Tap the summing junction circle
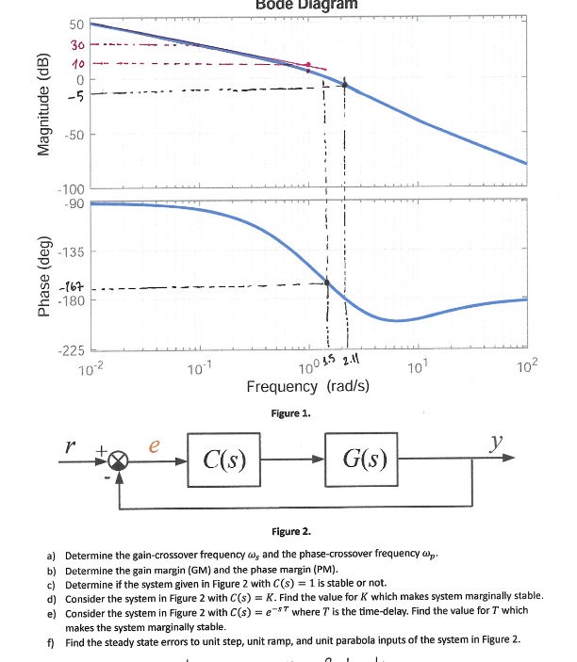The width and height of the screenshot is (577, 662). click(x=119, y=460)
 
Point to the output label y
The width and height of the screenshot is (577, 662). click(x=497, y=441)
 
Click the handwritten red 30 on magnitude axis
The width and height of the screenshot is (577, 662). click(x=77, y=45)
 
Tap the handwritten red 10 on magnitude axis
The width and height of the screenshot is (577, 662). click(x=78, y=63)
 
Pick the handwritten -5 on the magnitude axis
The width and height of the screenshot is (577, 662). click(x=76, y=93)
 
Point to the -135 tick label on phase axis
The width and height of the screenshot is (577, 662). click(x=73, y=251)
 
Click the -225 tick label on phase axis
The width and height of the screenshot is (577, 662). click(x=73, y=352)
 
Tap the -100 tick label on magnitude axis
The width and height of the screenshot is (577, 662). click(x=73, y=188)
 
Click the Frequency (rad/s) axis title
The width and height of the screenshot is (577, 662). click(x=307, y=387)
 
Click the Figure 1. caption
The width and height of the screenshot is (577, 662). click(x=290, y=412)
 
